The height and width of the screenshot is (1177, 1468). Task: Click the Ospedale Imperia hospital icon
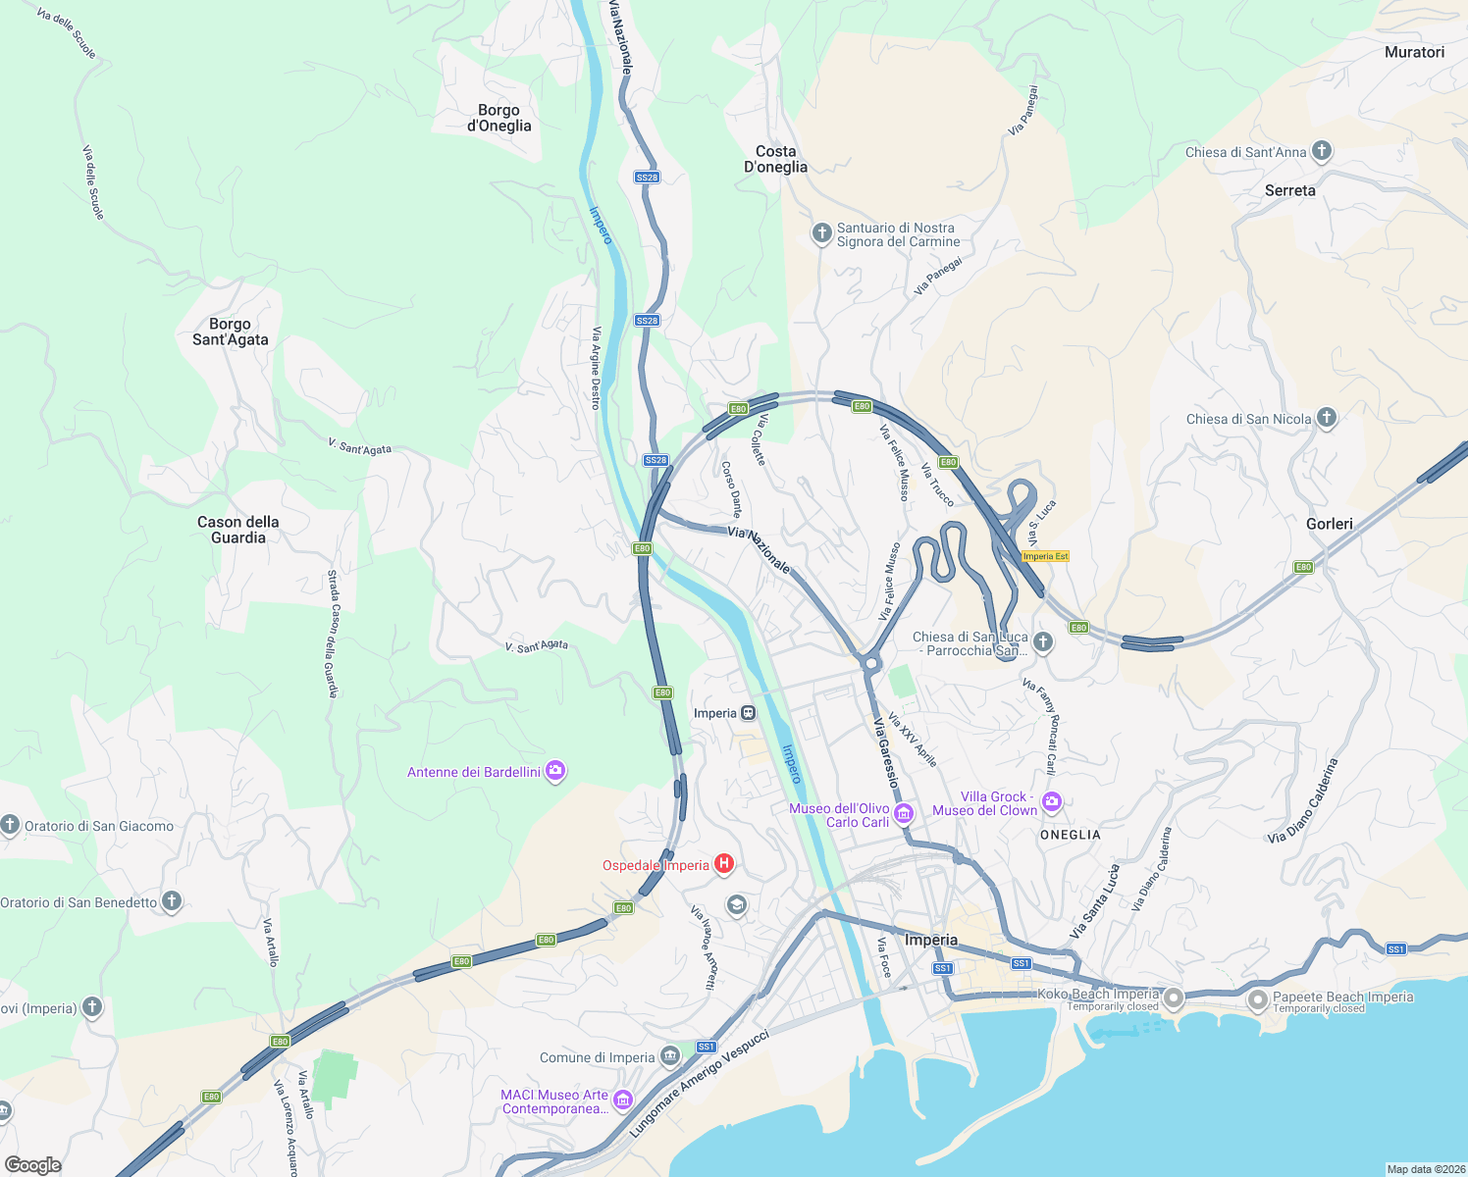[x=724, y=864]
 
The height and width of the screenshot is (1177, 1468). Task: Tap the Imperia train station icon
[x=749, y=713]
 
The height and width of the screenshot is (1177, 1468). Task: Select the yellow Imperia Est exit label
[x=1045, y=556]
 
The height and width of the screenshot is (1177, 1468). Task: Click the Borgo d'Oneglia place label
[x=498, y=118]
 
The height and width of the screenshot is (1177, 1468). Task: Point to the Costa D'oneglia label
[x=775, y=159]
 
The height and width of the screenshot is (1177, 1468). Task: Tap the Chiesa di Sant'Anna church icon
[x=1322, y=151]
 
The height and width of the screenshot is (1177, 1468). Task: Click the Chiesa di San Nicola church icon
[x=1327, y=418]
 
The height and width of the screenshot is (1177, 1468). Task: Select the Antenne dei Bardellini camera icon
[x=556, y=771]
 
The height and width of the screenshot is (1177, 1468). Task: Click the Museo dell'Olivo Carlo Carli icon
[x=904, y=813]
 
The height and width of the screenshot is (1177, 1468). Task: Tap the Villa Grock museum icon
[x=1052, y=802]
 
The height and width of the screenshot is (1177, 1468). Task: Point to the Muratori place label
[x=1414, y=52]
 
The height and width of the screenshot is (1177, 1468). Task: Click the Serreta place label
[x=1289, y=190]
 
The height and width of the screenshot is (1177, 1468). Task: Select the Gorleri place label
[x=1329, y=524]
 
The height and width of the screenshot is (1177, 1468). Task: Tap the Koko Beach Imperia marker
[x=1174, y=998]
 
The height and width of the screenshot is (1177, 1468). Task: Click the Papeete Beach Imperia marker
[x=1258, y=1000]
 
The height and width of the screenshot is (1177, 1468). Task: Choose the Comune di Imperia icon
[x=670, y=1056]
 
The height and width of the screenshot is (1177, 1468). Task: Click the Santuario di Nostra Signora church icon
[x=821, y=233]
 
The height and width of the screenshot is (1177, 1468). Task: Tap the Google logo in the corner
[x=33, y=1165]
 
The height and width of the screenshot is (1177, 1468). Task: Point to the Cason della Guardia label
[x=238, y=530]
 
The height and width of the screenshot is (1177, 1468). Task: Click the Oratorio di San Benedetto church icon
[x=172, y=901]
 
